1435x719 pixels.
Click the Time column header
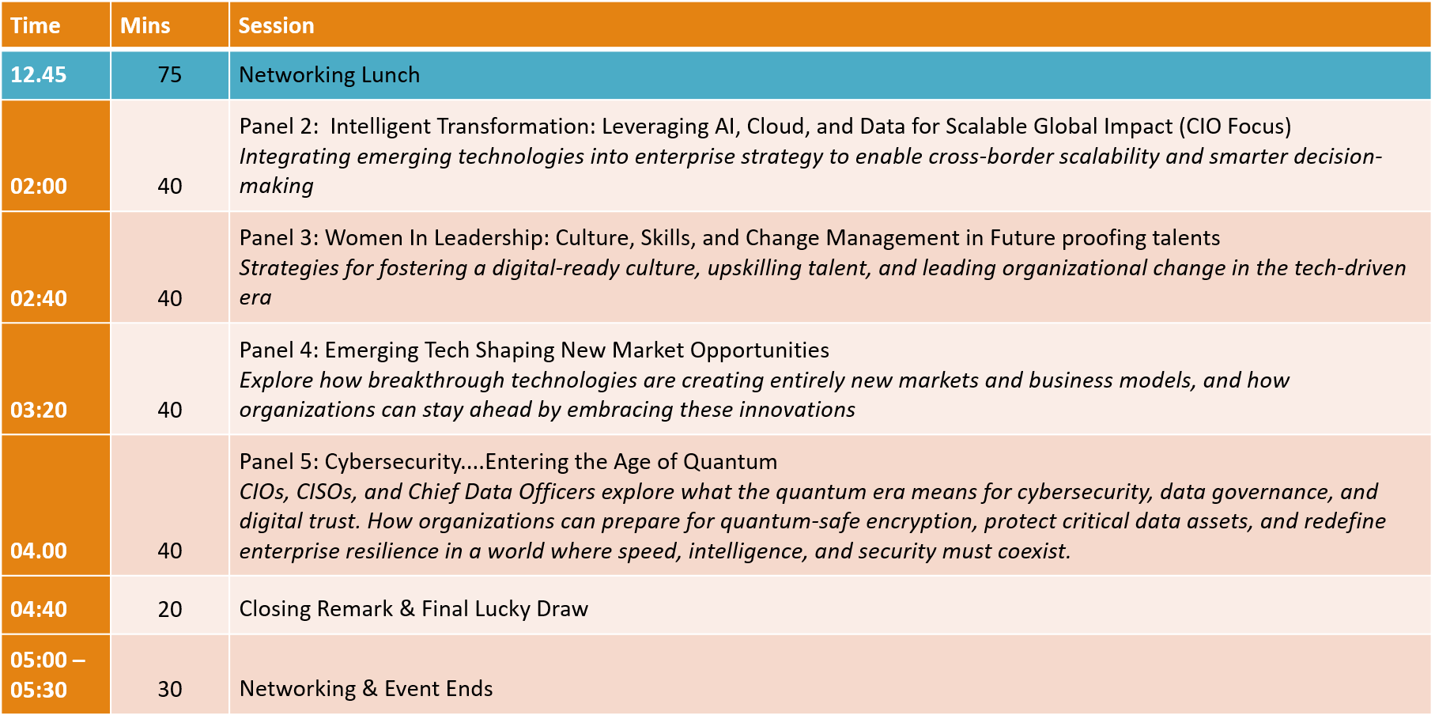point(36,25)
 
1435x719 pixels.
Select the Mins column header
point(145,25)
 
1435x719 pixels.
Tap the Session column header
point(277,25)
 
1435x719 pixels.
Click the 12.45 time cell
point(39,75)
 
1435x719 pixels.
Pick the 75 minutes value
point(170,75)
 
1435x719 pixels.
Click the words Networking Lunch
point(330,75)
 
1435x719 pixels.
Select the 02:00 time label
point(39,187)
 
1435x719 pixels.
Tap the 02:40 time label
point(39,299)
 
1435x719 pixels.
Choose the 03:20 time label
point(39,411)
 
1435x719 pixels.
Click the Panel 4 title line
point(534,350)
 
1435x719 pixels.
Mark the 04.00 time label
point(39,551)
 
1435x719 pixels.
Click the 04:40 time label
point(39,610)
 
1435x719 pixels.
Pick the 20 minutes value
point(170,610)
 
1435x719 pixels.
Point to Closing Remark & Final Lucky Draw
point(414,609)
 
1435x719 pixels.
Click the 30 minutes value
point(170,690)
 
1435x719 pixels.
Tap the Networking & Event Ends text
point(366,689)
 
